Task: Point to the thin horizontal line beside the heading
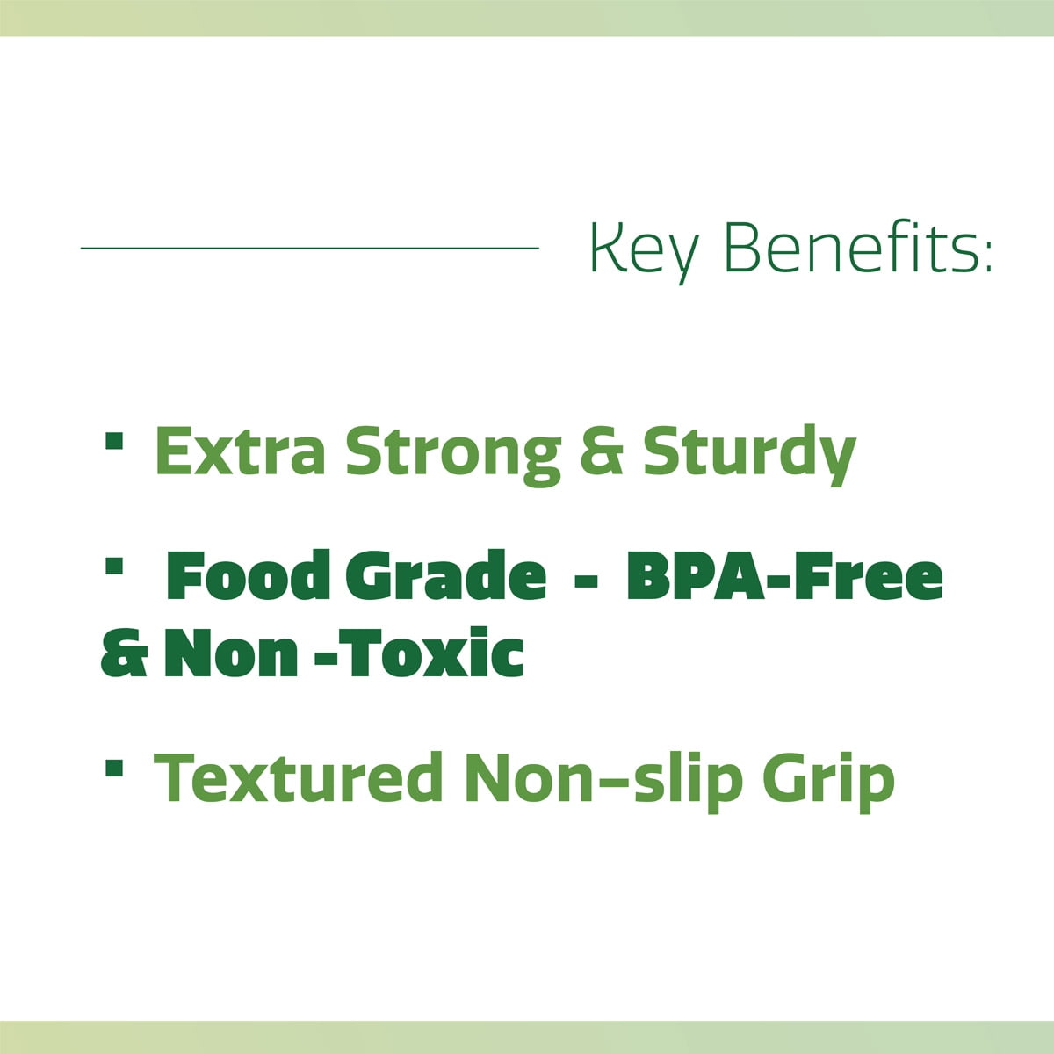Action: (309, 248)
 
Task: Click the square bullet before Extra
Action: (114, 440)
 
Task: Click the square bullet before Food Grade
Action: (114, 566)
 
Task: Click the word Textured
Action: (298, 778)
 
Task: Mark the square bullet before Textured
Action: (114, 768)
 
